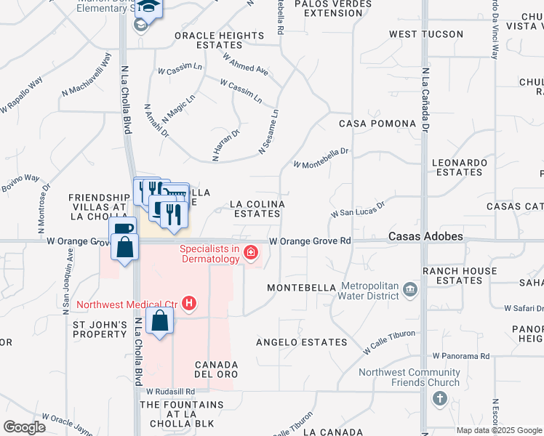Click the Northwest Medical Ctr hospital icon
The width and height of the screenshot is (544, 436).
coord(189,303)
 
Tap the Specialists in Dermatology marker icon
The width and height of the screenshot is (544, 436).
coord(251,253)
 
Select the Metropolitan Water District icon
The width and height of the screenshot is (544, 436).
coord(410,290)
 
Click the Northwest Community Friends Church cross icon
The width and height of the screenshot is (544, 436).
coord(439,398)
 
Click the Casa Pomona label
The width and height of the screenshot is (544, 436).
coord(377,124)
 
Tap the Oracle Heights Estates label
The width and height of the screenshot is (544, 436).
coord(219,40)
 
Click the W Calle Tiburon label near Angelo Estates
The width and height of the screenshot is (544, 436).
coord(389,342)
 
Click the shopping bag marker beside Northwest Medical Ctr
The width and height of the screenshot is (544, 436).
coord(159,320)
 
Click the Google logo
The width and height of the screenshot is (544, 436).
coord(24,427)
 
